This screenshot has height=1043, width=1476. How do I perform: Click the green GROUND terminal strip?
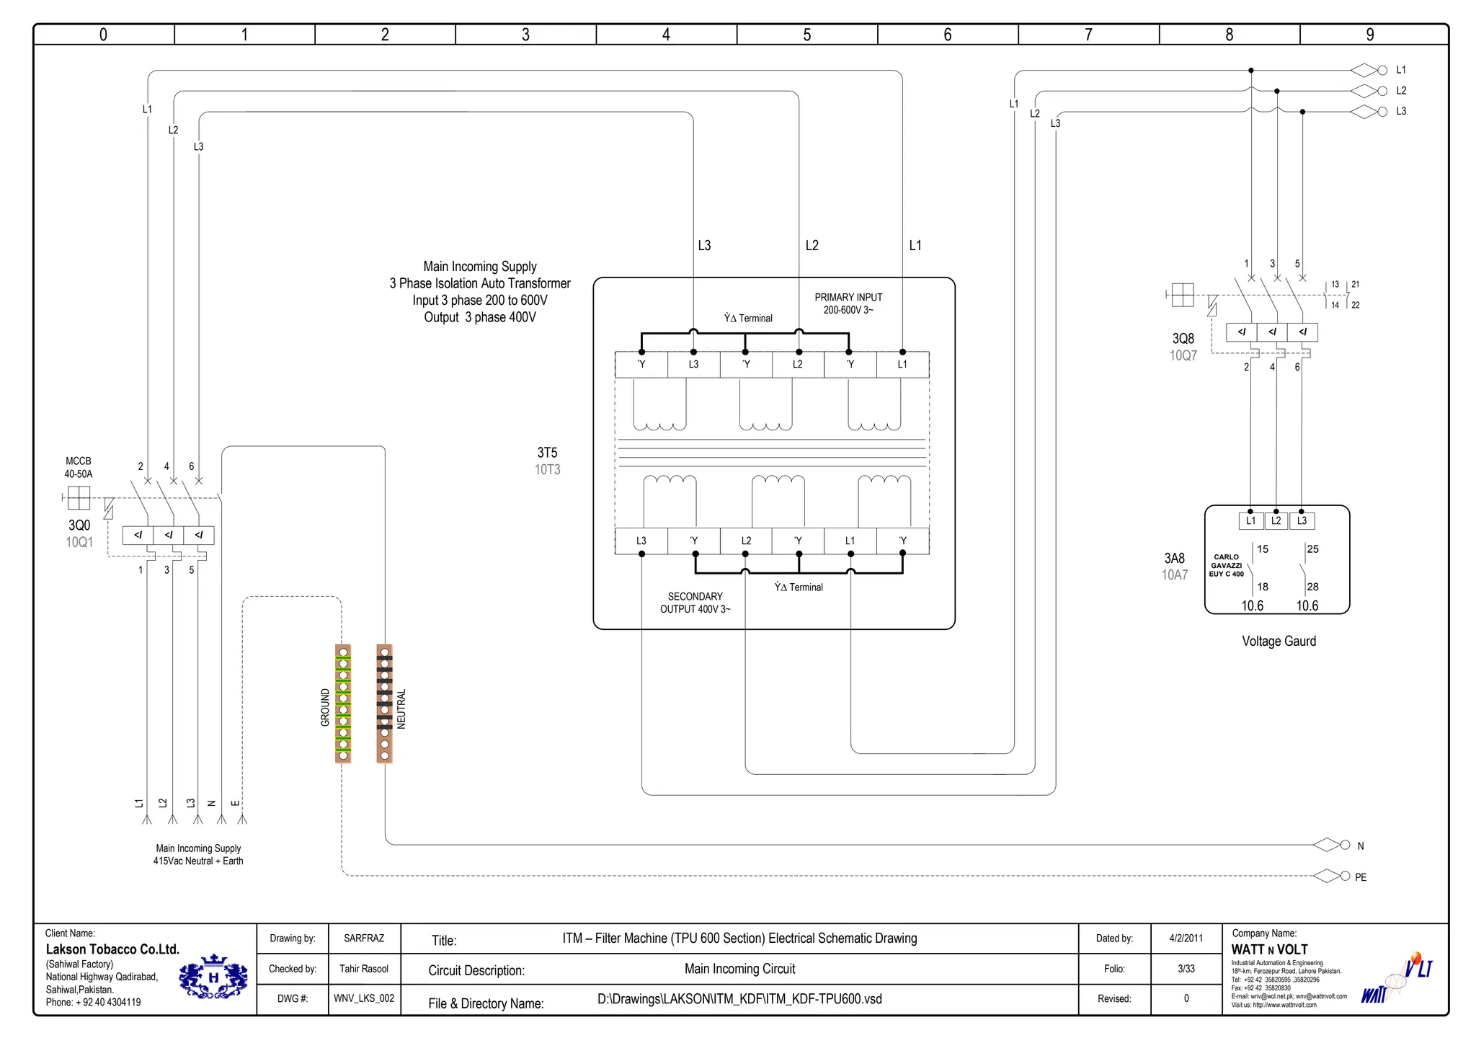[343, 704]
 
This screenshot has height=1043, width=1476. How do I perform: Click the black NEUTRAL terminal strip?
[384, 704]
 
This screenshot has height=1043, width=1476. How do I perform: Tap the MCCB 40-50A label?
[79, 467]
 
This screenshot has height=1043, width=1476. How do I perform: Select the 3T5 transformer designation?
[547, 453]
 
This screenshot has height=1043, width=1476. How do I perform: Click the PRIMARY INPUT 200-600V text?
[848, 303]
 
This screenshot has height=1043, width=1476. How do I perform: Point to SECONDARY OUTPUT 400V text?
[695, 603]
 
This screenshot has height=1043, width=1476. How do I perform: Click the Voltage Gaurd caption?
[1279, 641]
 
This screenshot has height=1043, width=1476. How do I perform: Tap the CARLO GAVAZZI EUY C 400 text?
[1226, 565]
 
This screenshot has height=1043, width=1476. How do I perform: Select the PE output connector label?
[1360, 877]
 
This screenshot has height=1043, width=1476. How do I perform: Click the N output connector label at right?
[1360, 846]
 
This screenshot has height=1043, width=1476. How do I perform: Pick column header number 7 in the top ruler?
[1088, 35]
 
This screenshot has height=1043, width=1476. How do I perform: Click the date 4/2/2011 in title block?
[1186, 938]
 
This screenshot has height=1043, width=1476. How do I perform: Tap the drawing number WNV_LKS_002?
[364, 998]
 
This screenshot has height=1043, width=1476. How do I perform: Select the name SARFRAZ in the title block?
[364, 938]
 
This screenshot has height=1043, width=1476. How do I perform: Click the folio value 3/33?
[1186, 969]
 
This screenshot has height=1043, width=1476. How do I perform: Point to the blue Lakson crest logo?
[213, 978]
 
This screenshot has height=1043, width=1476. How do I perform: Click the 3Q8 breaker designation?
[1183, 338]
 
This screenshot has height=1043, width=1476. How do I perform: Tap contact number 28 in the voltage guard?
[1312, 587]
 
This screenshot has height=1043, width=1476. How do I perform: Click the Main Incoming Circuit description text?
[739, 969]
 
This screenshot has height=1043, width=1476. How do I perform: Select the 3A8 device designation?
[1174, 558]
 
